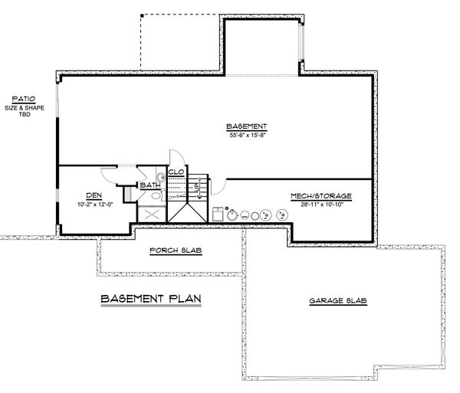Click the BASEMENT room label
pyautogui.click(x=246, y=126)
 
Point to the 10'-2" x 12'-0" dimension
pyautogui.click(x=93, y=205)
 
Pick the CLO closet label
pyautogui.click(x=175, y=172)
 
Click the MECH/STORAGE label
pyautogui.click(x=321, y=196)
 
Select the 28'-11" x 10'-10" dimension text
pyautogui.click(x=321, y=205)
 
